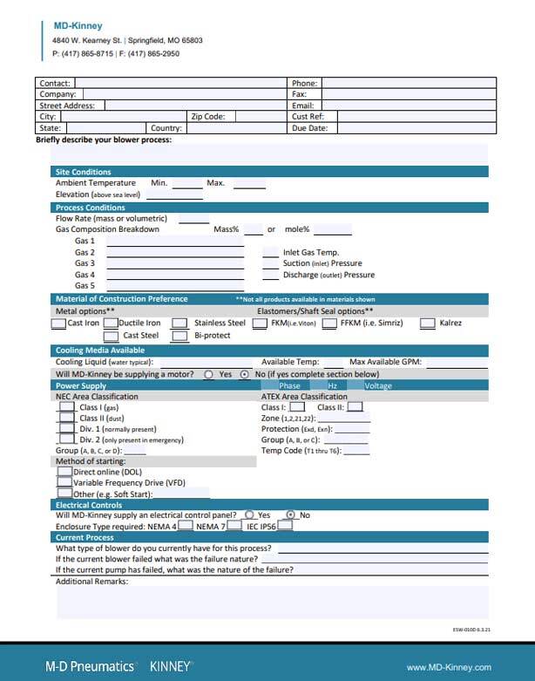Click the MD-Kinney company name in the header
pyautogui.click(x=78, y=26)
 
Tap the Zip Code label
pyautogui.click(x=208, y=116)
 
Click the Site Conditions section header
pyautogui.click(x=84, y=172)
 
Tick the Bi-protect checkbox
pyautogui.click(x=179, y=336)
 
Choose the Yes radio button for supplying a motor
pyautogui.click(x=209, y=374)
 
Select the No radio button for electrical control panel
pyautogui.click(x=291, y=515)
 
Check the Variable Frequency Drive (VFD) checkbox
pyautogui.click(x=64, y=481)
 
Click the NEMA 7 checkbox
pyautogui.click(x=234, y=527)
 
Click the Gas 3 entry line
pyautogui.click(x=175, y=263)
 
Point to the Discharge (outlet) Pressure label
pyautogui.click(x=322, y=275)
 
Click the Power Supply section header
pyautogui.click(x=81, y=385)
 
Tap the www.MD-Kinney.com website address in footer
pyautogui.click(x=449, y=667)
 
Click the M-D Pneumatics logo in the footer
pyautogui.click(x=91, y=666)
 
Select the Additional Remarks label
pyautogui.click(x=92, y=581)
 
